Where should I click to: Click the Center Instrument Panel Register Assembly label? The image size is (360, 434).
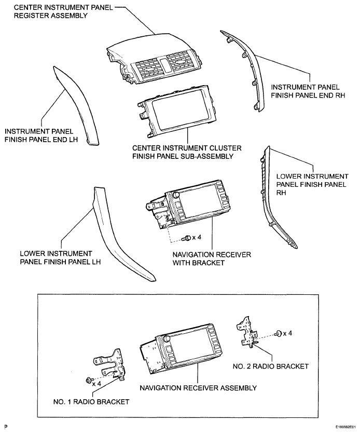tap(63, 11)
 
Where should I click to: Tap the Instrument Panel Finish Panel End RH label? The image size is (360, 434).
tap(308, 91)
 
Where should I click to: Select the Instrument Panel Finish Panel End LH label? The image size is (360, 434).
tap(41, 135)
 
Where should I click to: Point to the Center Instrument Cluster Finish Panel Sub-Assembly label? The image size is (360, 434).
tap(187, 152)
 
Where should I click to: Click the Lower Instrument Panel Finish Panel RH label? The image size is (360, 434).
tap(312, 184)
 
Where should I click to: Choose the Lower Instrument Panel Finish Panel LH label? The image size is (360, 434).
tap(60, 257)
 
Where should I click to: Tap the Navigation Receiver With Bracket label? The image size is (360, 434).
tap(212, 259)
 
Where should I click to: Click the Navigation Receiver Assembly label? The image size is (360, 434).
tap(198, 388)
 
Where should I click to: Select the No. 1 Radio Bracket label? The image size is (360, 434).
tap(91, 402)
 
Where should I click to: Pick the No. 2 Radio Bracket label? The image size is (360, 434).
tap(270, 367)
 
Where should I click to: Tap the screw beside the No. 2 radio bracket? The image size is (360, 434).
tap(279, 333)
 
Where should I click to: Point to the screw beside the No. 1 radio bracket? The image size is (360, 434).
tap(89, 381)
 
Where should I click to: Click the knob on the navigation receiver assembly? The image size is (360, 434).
tap(166, 338)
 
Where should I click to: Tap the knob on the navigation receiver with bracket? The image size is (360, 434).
tap(175, 195)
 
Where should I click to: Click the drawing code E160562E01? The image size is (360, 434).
tap(345, 427)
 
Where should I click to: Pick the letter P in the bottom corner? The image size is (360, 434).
tap(6, 427)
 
